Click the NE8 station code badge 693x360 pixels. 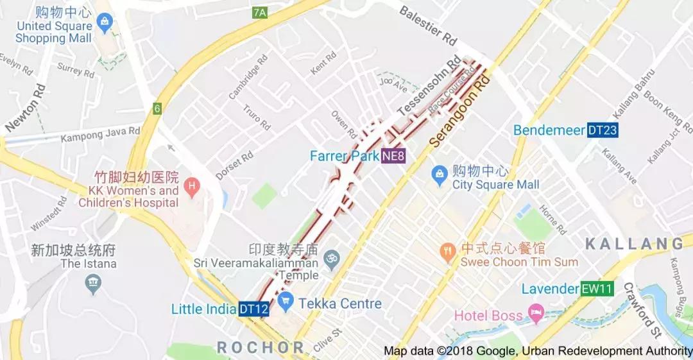click(393, 156)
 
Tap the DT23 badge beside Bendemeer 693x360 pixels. click(603, 130)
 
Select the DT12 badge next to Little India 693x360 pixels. click(253, 309)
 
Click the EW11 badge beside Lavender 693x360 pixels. click(596, 289)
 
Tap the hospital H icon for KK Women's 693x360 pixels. click(190, 187)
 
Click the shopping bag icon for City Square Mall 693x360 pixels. click(440, 173)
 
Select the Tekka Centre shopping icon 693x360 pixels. click(286, 300)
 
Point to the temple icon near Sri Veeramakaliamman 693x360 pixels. click(331, 260)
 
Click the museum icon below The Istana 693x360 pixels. click(94, 282)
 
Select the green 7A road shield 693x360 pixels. click(259, 12)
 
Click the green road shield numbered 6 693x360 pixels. click(157, 108)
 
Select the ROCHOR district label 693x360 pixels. click(260, 348)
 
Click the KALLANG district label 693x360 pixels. click(634, 243)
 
